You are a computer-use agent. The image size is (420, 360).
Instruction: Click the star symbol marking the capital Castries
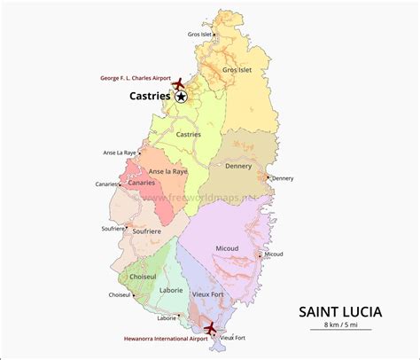click(x=182, y=97)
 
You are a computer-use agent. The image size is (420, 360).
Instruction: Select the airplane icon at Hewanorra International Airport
click(x=209, y=329)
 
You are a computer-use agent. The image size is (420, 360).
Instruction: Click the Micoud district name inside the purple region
click(x=228, y=249)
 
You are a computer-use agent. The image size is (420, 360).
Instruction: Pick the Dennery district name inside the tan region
click(x=239, y=166)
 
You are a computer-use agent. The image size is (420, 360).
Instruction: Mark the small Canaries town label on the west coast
click(x=106, y=184)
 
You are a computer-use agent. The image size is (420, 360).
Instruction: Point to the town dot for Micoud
click(x=260, y=254)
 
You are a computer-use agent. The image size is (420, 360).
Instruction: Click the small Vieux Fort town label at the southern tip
click(x=232, y=338)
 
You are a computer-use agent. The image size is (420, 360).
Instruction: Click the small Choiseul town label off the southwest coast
click(x=119, y=295)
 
